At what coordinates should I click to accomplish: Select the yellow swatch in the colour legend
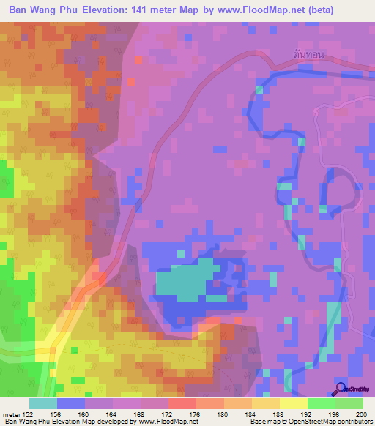[293, 403]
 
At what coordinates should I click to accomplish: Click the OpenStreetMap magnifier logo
[340, 389]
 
